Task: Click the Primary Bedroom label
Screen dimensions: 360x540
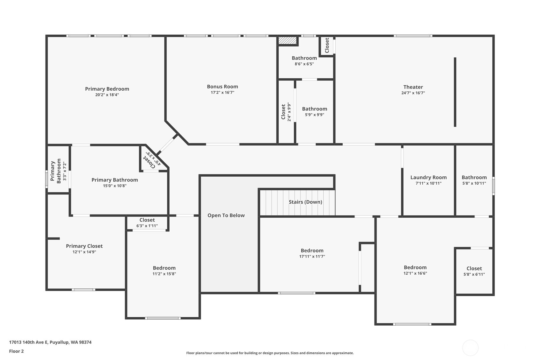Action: coord(107,89)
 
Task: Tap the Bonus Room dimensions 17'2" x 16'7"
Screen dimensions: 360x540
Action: coord(222,93)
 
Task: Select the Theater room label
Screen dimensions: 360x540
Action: coord(413,87)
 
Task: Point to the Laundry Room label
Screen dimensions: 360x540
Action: coord(428,177)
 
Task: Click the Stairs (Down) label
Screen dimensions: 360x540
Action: coord(305,202)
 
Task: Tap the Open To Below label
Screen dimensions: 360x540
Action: coord(226,215)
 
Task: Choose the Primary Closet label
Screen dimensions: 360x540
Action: coord(84,246)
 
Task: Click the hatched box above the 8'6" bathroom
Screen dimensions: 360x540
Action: coord(287,41)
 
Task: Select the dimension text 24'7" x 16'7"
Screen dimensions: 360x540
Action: coord(413,93)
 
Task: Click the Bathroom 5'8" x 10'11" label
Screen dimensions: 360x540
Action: coord(474,177)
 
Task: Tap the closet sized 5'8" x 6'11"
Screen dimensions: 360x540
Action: coord(474,271)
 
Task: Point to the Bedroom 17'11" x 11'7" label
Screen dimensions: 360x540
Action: coord(312,251)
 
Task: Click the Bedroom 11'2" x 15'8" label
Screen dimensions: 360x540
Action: coord(164,268)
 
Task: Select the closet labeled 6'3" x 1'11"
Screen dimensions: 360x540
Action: coord(147,222)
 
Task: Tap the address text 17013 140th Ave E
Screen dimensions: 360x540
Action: coord(50,342)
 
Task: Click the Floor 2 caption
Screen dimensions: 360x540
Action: coord(16,351)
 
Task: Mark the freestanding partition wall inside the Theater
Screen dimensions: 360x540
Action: coord(455,92)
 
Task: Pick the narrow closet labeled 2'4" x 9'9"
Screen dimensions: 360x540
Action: coord(286,112)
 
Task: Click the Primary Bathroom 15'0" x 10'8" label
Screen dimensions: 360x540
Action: coord(115,180)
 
